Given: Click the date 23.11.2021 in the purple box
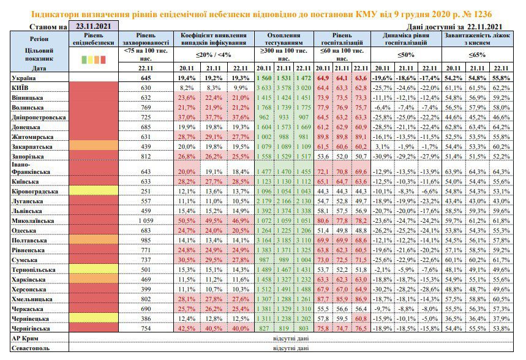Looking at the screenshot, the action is click(x=93, y=26).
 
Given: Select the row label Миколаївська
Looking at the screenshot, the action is click(x=32, y=221).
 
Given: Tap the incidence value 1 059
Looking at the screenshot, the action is click(x=146, y=221).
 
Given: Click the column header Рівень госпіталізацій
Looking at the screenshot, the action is click(x=342, y=39).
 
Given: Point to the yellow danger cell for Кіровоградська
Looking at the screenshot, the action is click(x=94, y=191).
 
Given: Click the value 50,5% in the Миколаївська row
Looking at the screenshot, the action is click(x=187, y=221).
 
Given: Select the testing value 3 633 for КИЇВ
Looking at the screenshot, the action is click(x=264, y=88).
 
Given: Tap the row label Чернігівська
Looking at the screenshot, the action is click(x=31, y=328).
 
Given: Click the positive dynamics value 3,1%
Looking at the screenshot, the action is click(x=383, y=146).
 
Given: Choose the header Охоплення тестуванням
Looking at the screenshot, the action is click(x=284, y=39).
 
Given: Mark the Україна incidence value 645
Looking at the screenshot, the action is click(x=146, y=78).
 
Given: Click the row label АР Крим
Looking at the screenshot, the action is click(x=25, y=338).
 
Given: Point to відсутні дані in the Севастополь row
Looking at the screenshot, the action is click(x=291, y=348).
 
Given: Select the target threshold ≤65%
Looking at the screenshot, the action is click(x=477, y=54).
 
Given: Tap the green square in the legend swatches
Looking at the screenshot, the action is click(x=85, y=60).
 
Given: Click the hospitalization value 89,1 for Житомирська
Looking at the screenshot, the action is click(x=361, y=137).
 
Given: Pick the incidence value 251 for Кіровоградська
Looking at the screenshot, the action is click(x=146, y=191).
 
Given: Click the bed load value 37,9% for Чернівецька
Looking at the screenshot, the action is click(x=501, y=319).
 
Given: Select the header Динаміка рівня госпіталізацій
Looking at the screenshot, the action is click(x=406, y=39).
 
